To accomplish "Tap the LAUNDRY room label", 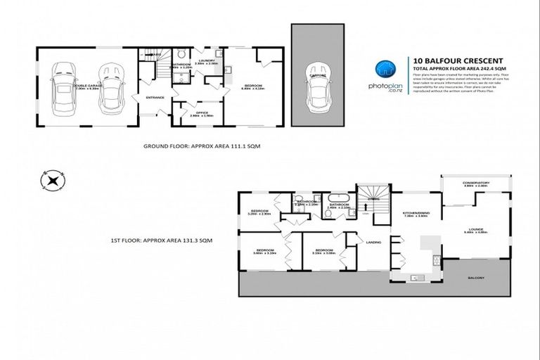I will [206, 61].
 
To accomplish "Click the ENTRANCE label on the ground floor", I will [154, 97].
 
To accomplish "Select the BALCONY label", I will [476, 278].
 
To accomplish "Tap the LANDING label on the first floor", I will [374, 243].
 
